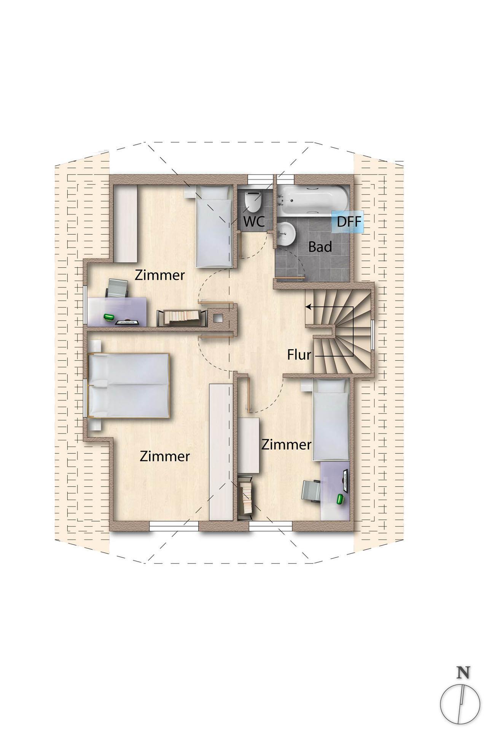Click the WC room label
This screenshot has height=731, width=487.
tap(254, 221)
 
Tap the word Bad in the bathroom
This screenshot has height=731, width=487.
tap(320, 247)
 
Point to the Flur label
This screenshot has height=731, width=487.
tap(299, 355)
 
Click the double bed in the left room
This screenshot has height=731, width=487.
tap(128, 386)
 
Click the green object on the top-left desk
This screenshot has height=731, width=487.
tap(110, 317)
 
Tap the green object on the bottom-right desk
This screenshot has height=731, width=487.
tap(340, 498)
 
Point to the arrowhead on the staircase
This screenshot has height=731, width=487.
tap(308, 306)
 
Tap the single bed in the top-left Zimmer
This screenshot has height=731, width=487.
tap(214, 227)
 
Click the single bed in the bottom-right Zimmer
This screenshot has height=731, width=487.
tap(330, 419)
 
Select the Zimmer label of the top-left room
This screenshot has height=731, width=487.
tap(160, 275)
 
